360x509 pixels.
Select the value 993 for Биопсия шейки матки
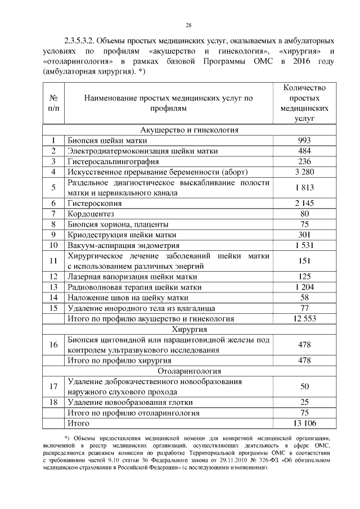coord(304,141)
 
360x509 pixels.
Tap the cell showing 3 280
coord(304,172)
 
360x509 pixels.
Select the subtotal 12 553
coord(304,319)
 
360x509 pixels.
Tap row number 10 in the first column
coord(54,245)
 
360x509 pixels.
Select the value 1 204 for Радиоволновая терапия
coord(304,287)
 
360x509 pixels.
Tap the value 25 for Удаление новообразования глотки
coord(304,402)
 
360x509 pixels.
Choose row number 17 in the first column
coord(54,386)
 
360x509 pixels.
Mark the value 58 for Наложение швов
coord(304,298)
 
